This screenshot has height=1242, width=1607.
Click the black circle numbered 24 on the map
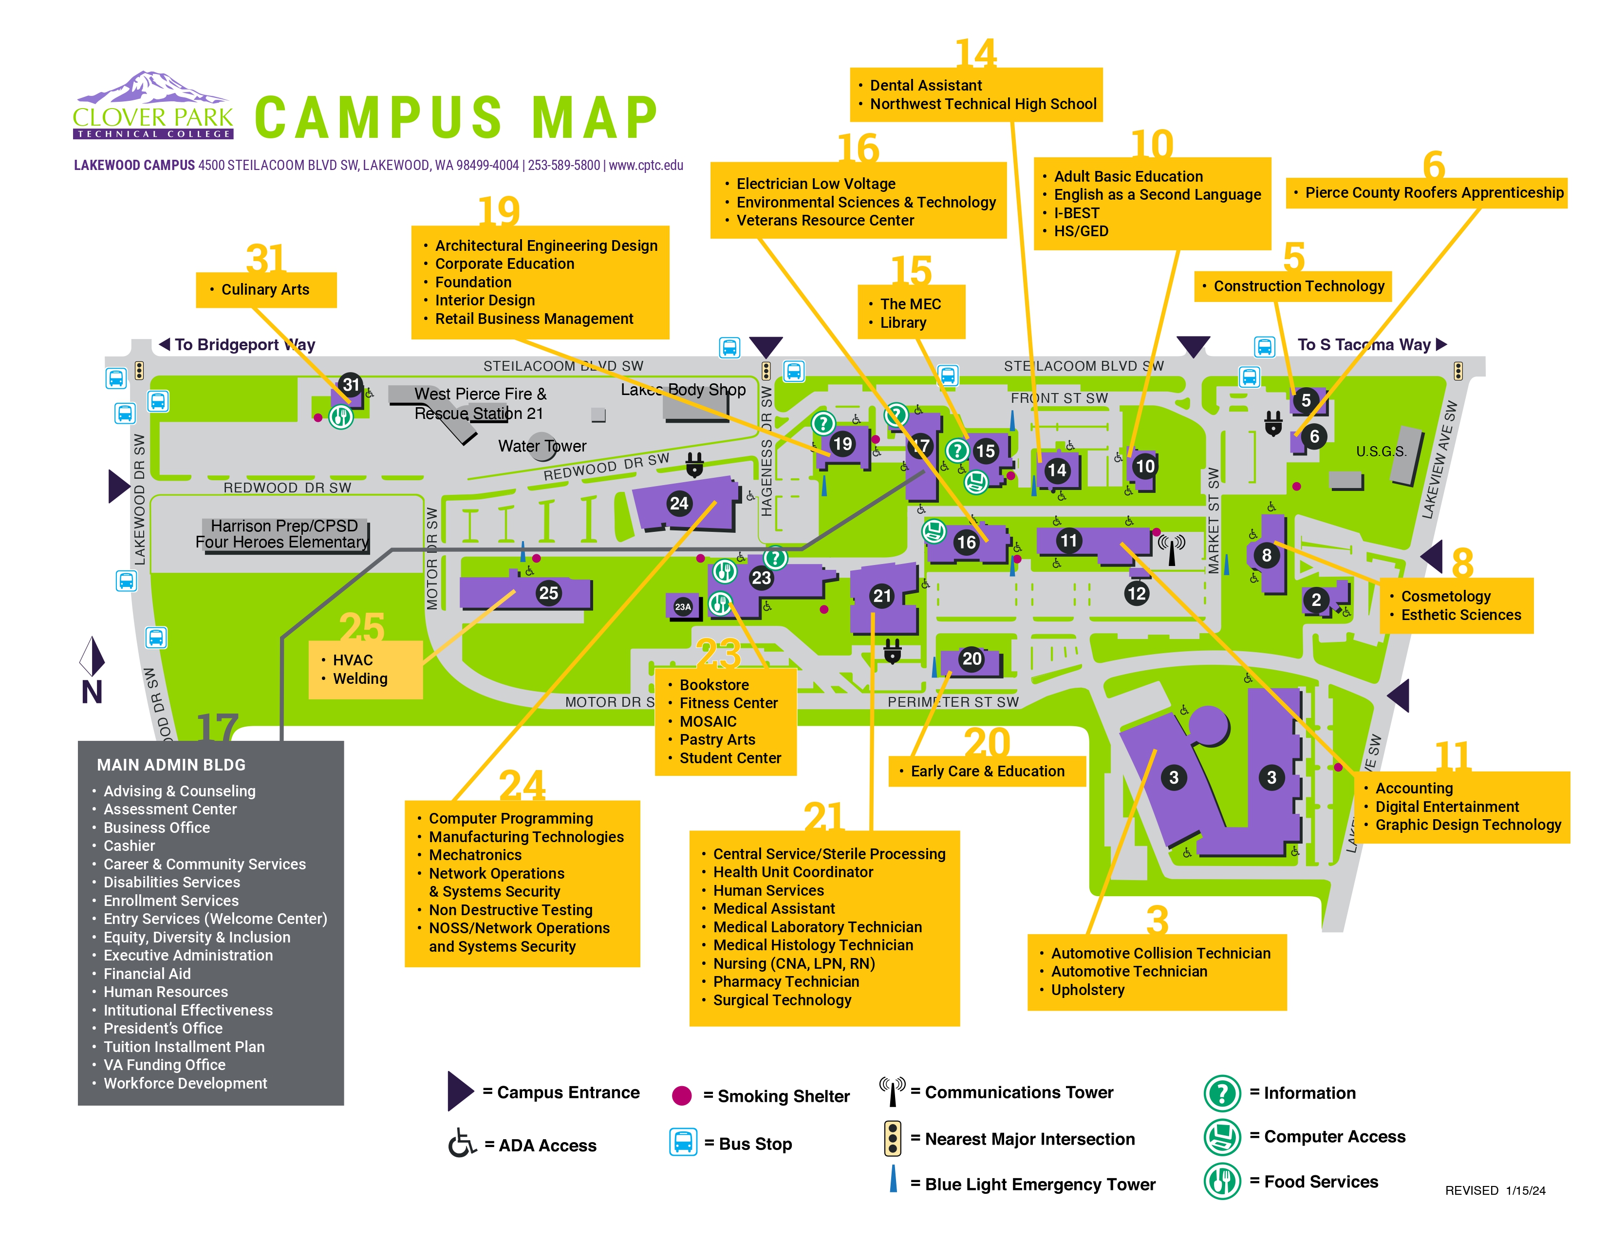tap(678, 503)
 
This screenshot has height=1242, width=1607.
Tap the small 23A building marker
tap(683, 607)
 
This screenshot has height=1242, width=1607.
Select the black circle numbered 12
tap(1137, 593)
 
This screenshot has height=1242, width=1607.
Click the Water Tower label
tap(542, 446)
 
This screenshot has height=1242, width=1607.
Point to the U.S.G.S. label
tap(1381, 452)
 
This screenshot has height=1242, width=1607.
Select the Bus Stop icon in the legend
tap(683, 1143)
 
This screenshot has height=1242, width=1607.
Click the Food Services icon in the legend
tap(1221, 1182)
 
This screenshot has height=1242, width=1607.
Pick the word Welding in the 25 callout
tap(360, 678)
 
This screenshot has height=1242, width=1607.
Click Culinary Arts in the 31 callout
tap(265, 290)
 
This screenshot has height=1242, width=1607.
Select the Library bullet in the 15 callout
tap(903, 322)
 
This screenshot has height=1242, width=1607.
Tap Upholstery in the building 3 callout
tap(1087, 990)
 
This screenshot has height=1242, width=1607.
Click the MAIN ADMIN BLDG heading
tap(171, 765)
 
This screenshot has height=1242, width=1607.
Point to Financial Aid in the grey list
tap(147, 974)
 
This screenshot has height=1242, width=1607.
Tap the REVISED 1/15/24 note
tap(1495, 1190)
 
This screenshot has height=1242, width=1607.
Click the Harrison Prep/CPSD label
tap(284, 526)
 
